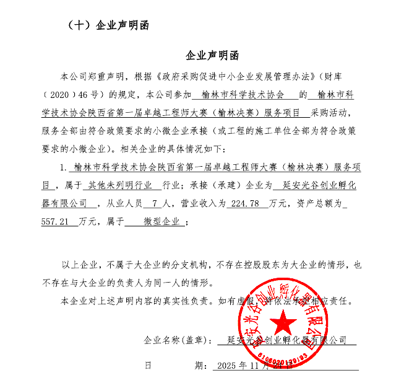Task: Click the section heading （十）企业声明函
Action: pyautogui.click(x=106, y=25)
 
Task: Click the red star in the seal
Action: pyautogui.click(x=286, y=322)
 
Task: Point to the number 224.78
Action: pyautogui.click(x=244, y=203)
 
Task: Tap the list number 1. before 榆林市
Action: pyautogui.click(x=63, y=168)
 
